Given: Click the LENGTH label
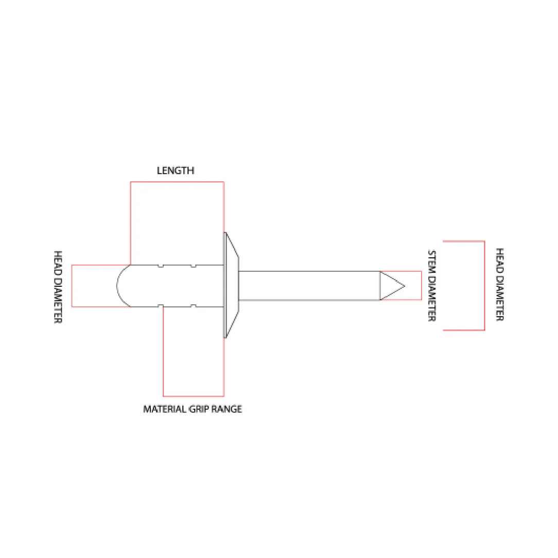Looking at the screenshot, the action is click(176, 170).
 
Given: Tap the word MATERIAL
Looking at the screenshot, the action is click(165, 409).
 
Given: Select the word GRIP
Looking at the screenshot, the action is click(199, 409).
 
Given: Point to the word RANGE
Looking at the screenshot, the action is click(226, 409).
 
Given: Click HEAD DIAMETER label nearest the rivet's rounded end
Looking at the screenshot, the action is click(58, 287).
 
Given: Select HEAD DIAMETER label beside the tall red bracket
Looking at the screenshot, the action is click(500, 284).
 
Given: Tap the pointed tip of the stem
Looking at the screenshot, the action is click(404, 286).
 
